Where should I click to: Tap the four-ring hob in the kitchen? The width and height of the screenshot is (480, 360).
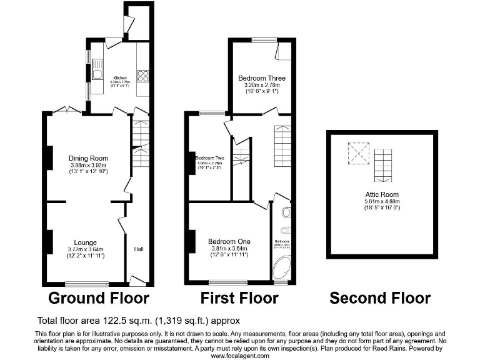tap(142, 76)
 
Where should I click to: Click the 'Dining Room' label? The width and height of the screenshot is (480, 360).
tap(88, 158)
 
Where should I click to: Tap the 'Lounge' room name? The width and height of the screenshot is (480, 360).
tap(85, 242)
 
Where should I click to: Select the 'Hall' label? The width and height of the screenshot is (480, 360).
tap(139, 249)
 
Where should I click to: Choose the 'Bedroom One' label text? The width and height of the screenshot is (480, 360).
tap(229, 241)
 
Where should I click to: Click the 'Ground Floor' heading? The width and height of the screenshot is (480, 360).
tap(99, 297)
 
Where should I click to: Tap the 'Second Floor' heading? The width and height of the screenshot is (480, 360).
tap(380, 297)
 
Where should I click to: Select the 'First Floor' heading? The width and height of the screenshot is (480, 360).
tap(239, 297)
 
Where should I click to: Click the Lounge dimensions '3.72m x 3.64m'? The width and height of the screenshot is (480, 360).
tap(85, 249)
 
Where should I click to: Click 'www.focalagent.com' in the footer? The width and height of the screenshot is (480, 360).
tap(240, 356)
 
